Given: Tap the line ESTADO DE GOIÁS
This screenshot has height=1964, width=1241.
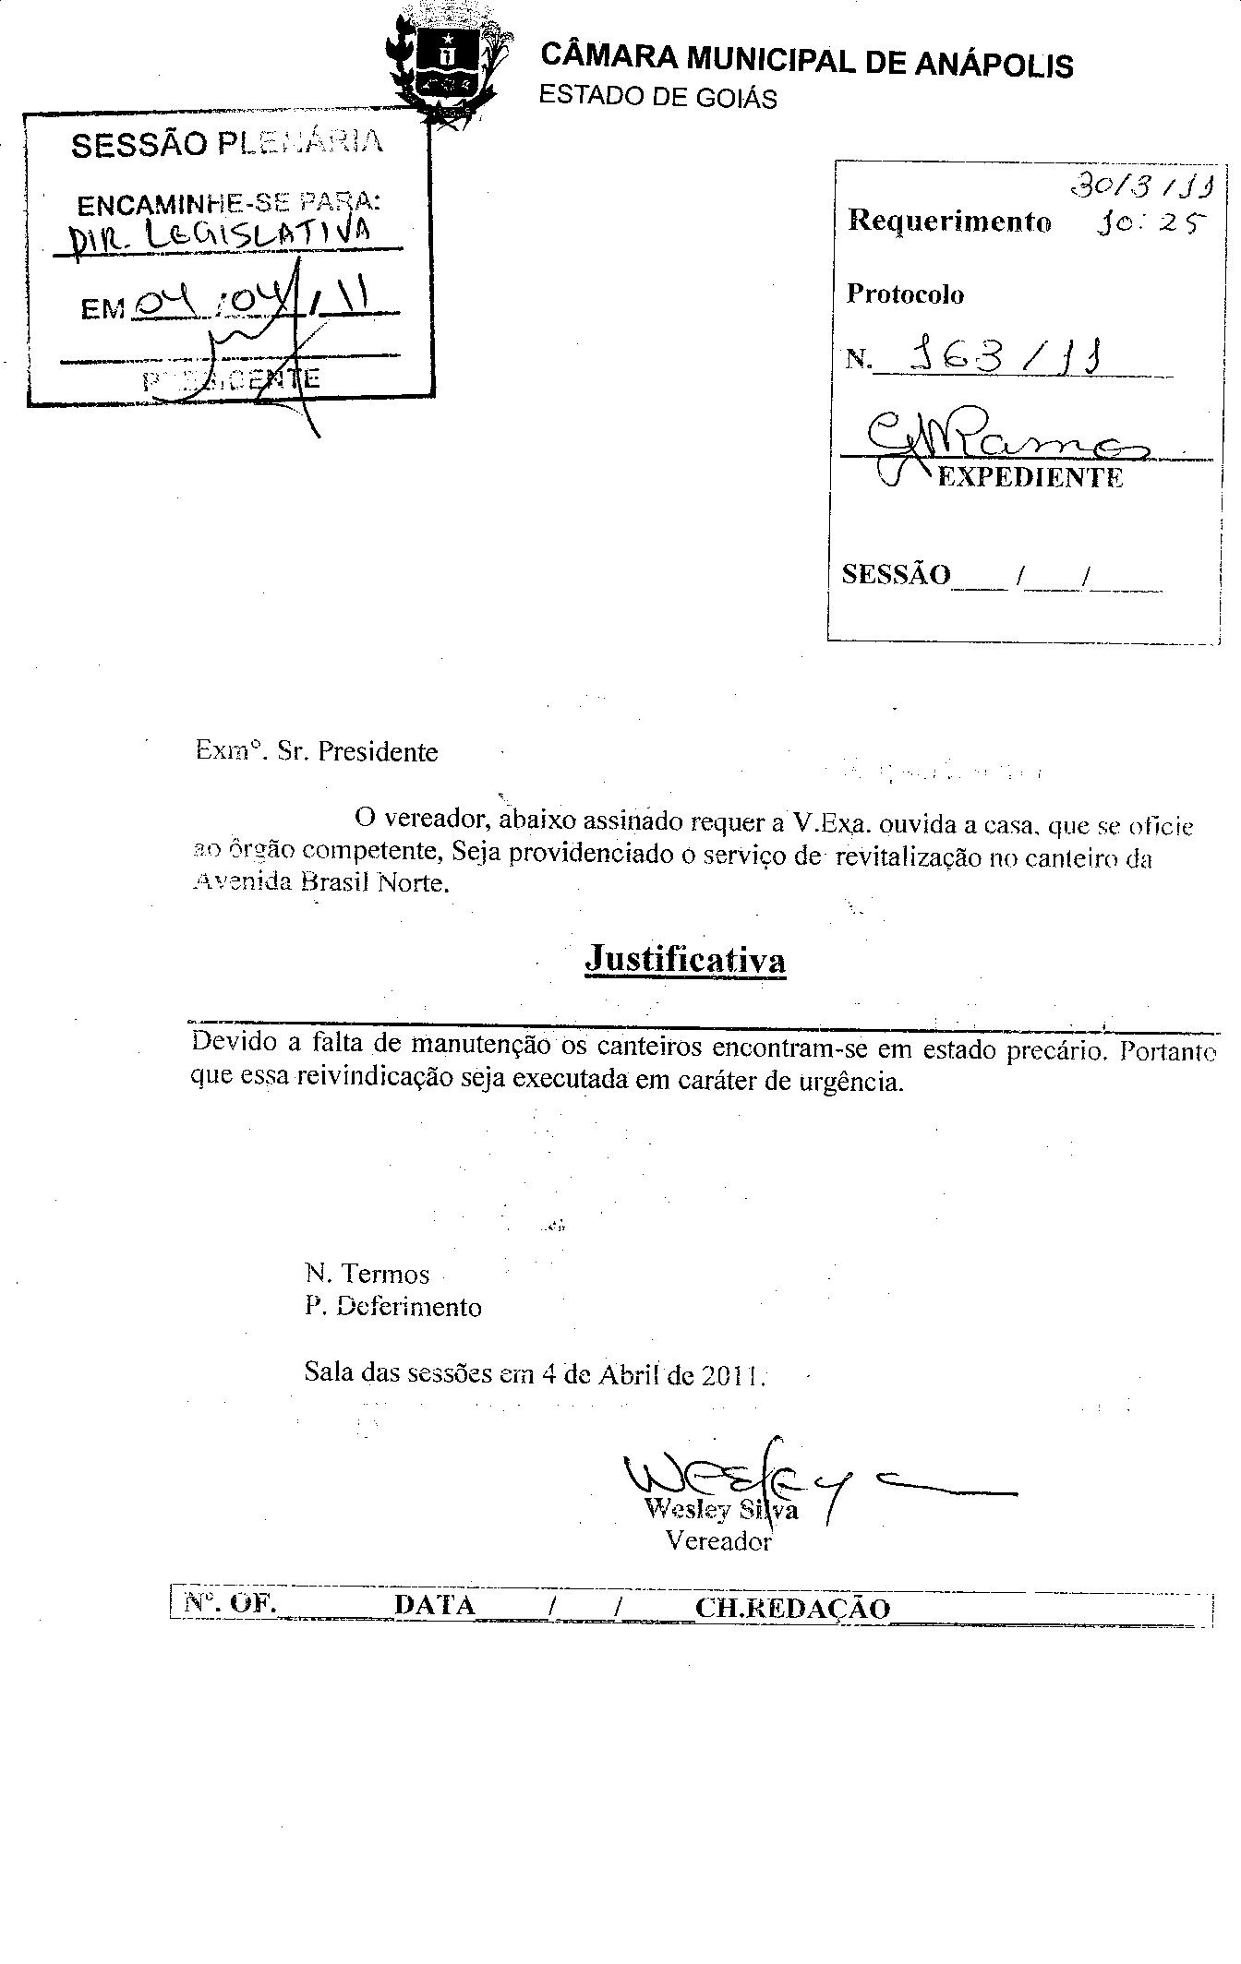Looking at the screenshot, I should [x=657, y=97].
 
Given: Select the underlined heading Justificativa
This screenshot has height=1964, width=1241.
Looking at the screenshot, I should [x=685, y=959].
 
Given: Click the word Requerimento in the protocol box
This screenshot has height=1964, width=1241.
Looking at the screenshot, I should [x=949, y=222].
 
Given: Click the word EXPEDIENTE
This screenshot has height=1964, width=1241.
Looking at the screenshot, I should [x=1030, y=477].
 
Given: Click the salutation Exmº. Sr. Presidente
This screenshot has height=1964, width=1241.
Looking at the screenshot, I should [x=317, y=751].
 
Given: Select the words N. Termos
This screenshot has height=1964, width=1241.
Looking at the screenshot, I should [x=367, y=1275].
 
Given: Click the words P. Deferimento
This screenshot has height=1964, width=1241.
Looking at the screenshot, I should [x=393, y=1307].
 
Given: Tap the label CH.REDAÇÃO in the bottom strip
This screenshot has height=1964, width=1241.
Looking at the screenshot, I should [x=792, y=1608].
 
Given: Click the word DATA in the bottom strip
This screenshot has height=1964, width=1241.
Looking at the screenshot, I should [x=434, y=1605].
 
